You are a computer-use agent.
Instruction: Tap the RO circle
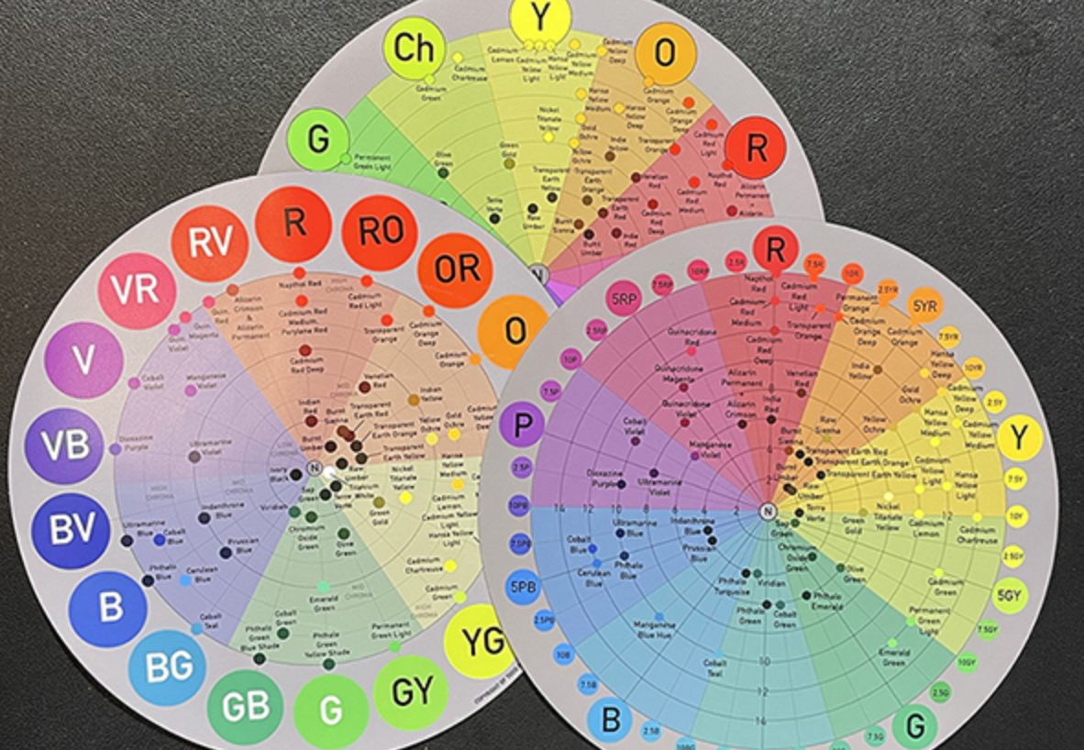pyautogui.click(x=381, y=232)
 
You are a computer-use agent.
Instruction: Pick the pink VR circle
pyautogui.click(x=137, y=291)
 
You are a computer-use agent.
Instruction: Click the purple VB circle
pyautogui.click(x=64, y=446)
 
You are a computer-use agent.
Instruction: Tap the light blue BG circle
pyautogui.click(x=166, y=667)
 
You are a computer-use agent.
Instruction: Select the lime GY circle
pyautogui.click(x=411, y=692)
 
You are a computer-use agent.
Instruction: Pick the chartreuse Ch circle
pyautogui.click(x=413, y=48)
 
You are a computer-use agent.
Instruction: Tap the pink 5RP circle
pyautogui.click(x=626, y=299)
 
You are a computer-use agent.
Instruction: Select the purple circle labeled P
pyautogui.click(x=522, y=425)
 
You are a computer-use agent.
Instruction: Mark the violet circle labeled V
pyautogui.click(x=83, y=359)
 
